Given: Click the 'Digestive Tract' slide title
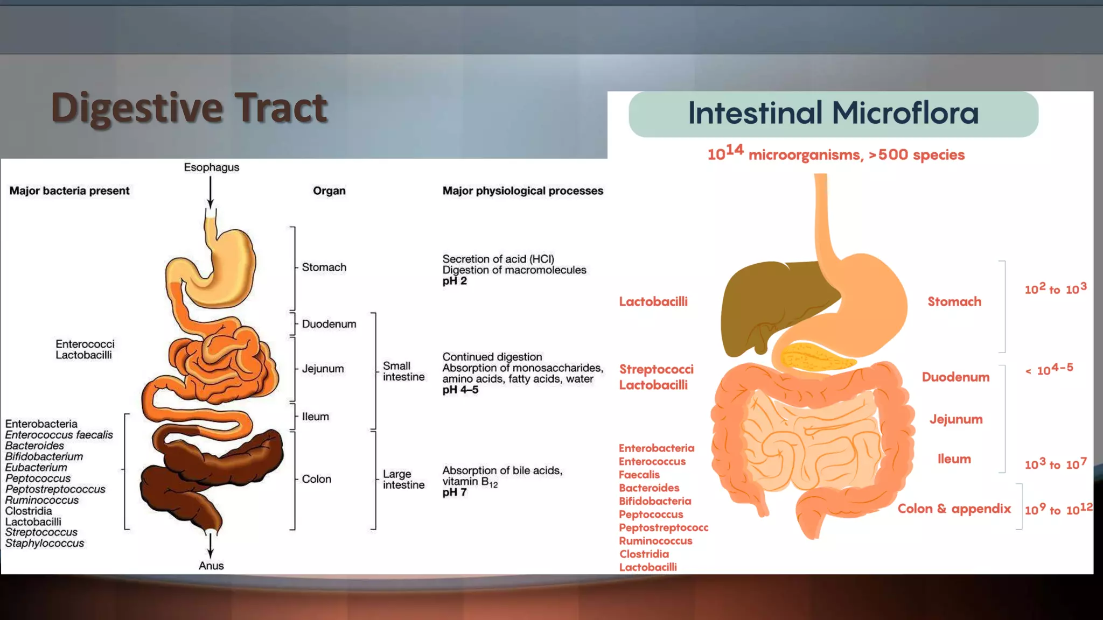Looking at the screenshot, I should coord(189,108).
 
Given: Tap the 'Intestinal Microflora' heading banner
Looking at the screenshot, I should coord(833,114).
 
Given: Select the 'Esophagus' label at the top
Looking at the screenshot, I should coord(211,167).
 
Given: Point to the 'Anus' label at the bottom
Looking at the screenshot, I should coord(211,566).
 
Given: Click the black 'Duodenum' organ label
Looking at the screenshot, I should coord(329,324).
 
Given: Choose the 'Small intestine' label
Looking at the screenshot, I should coord(403,371).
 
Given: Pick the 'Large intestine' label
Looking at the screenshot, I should coord(403,480).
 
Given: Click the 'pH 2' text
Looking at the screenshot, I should coord(455,281).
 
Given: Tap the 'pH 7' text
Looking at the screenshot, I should coord(455,492).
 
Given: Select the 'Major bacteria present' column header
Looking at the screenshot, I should coord(69,191).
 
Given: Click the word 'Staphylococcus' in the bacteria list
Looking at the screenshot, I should coord(45,544).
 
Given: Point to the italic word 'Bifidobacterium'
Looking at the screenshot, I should coord(44,456).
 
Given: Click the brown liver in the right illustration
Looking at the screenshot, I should coord(765,301).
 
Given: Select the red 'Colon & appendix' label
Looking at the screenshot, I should coord(954,509).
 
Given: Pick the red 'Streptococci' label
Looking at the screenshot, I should coord(656,369).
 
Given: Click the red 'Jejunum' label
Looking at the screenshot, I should coord(956,419).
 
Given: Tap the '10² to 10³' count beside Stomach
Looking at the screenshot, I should coord(1055,289).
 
